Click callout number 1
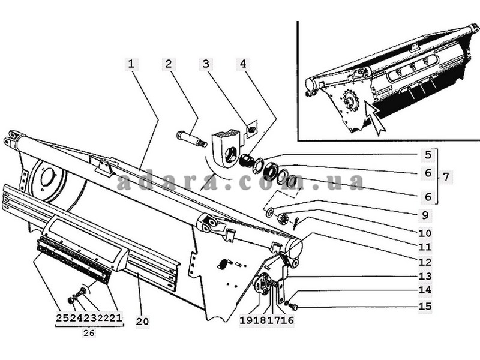[131, 64]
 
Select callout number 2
[169, 64]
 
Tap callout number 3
[206, 64]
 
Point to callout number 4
[243, 64]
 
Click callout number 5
[428, 155]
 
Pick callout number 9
[425, 215]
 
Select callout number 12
[425, 262]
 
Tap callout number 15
[425, 306]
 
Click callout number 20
[142, 322]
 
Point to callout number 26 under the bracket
[89, 333]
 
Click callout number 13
[425, 277]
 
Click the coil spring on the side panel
[224, 263]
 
